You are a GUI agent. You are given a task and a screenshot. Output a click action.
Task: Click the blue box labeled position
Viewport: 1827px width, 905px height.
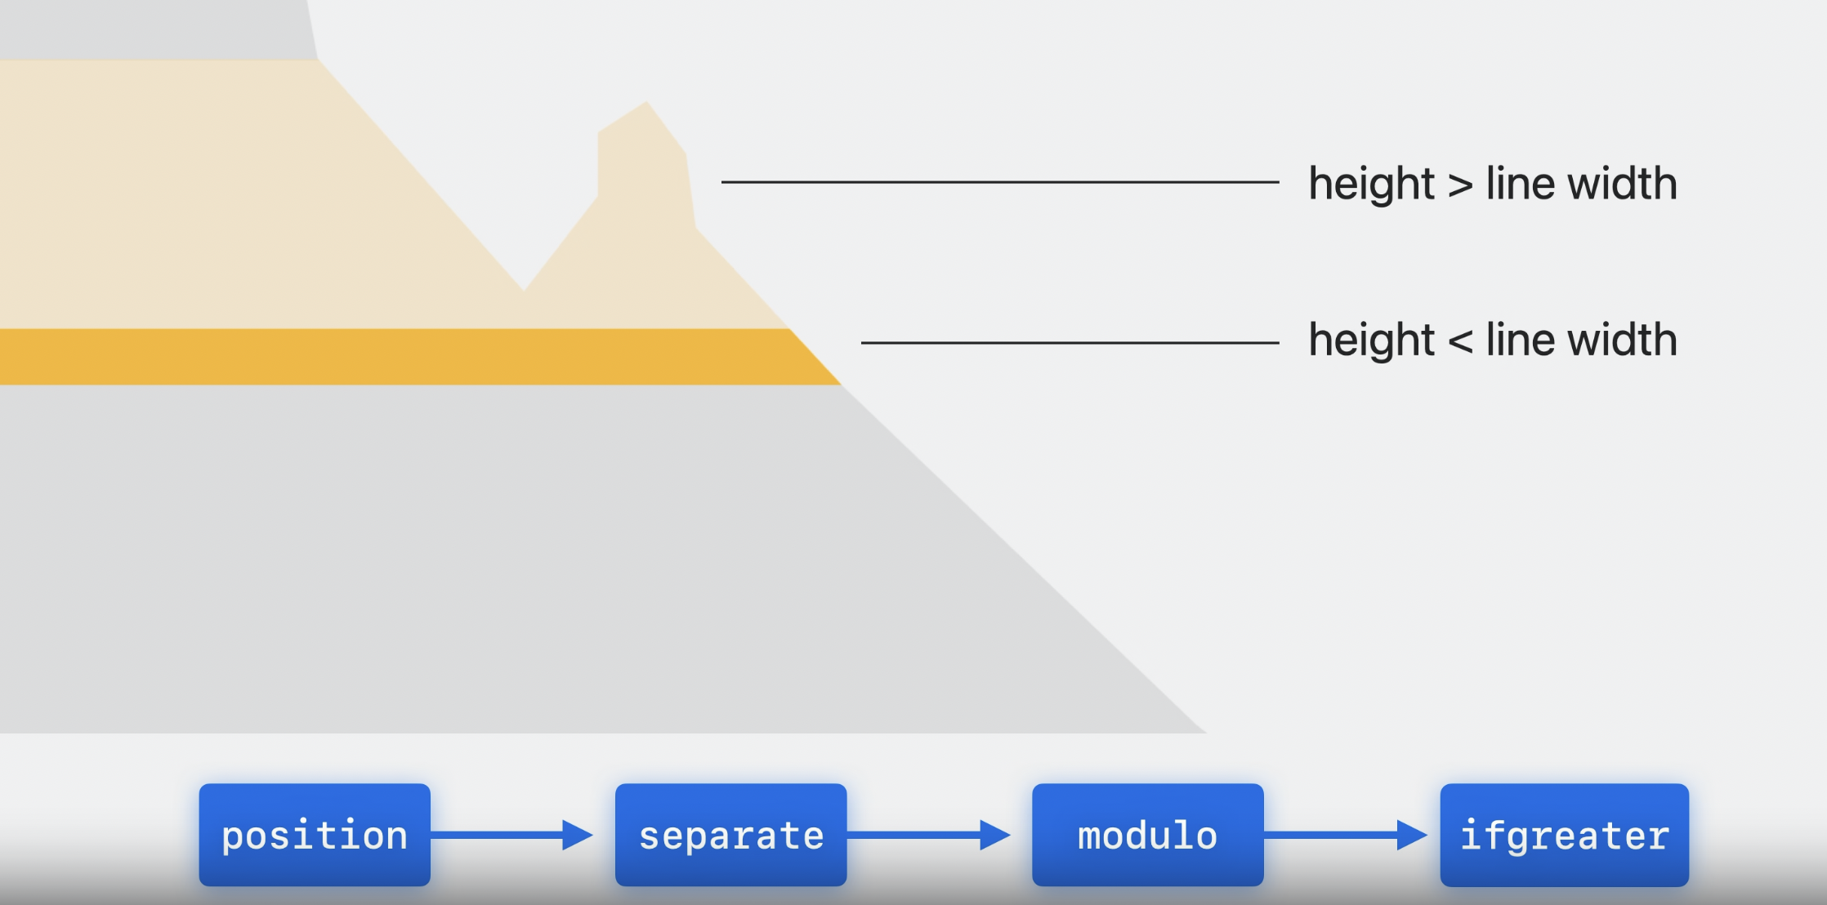315,835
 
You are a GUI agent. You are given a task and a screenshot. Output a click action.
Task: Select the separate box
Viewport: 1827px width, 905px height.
730,835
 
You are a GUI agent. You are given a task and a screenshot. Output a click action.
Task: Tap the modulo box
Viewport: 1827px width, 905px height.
1147,835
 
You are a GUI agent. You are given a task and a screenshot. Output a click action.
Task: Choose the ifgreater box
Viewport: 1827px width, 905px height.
1564,835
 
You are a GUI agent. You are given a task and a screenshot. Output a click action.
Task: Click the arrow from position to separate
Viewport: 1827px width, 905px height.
511,835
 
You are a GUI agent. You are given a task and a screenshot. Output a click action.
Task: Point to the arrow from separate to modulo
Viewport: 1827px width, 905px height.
928,835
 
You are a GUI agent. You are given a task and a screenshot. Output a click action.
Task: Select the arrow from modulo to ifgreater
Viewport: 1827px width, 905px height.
1345,835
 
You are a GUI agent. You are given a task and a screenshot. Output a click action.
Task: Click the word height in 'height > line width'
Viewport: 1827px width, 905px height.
1371,184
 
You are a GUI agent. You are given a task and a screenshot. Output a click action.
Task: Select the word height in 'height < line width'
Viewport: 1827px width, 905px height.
1371,340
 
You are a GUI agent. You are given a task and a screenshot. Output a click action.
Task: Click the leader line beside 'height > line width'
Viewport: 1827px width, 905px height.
999,182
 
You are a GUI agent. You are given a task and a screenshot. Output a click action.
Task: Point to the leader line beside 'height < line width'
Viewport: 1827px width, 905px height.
1070,343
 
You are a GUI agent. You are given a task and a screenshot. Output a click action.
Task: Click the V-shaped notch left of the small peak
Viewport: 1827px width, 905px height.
524,278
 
